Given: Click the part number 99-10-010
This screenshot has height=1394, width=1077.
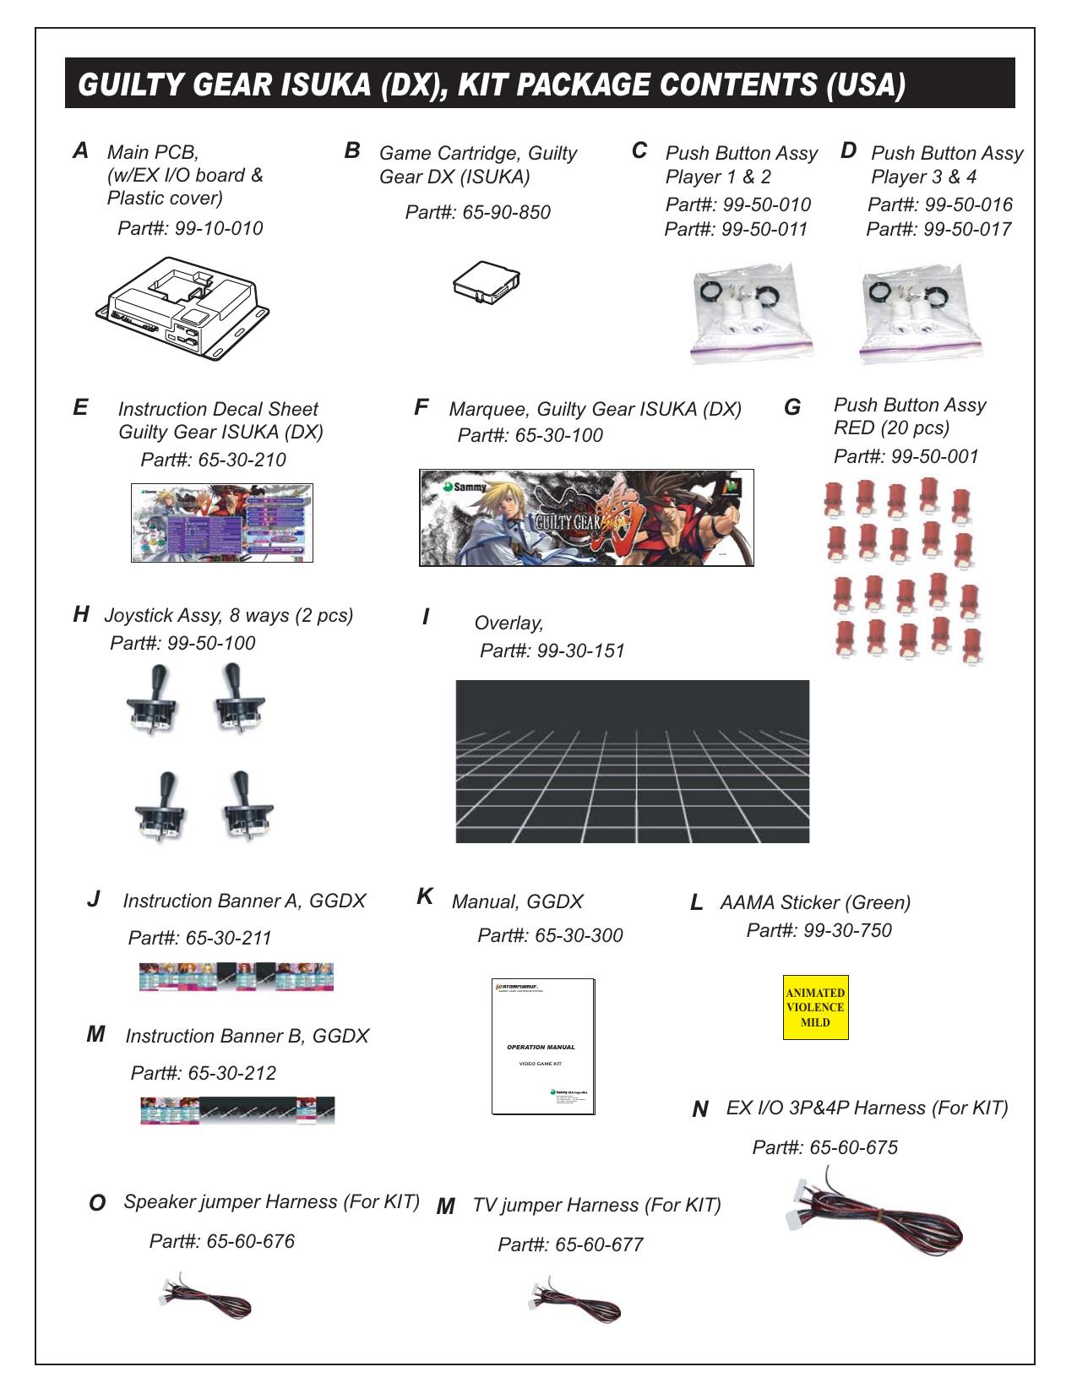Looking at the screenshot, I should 219,229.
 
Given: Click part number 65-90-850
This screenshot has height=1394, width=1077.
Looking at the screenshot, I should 506,213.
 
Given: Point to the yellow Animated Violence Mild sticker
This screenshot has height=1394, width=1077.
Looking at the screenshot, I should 815,1007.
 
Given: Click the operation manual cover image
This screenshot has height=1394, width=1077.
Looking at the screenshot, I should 544,1047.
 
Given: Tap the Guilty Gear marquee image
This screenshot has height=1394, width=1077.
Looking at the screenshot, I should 586,518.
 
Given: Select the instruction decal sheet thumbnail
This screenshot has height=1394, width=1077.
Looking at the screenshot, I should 222,523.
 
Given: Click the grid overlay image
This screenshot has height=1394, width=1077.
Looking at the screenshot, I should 632,761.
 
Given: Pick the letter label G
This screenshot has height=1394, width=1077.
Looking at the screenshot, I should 792,408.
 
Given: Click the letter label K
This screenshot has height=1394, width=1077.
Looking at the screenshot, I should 425,897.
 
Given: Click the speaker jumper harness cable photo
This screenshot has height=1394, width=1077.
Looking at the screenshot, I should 205,1298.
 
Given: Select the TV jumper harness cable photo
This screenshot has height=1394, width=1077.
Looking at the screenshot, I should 574,1301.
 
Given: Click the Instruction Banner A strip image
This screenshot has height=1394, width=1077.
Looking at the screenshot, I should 237,977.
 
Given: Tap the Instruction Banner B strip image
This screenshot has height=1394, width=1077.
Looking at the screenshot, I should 237,1110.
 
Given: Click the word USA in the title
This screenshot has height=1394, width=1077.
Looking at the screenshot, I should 866,84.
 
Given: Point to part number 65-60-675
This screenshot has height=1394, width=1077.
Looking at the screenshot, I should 853,1148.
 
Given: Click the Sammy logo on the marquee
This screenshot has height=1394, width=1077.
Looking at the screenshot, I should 465,487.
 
